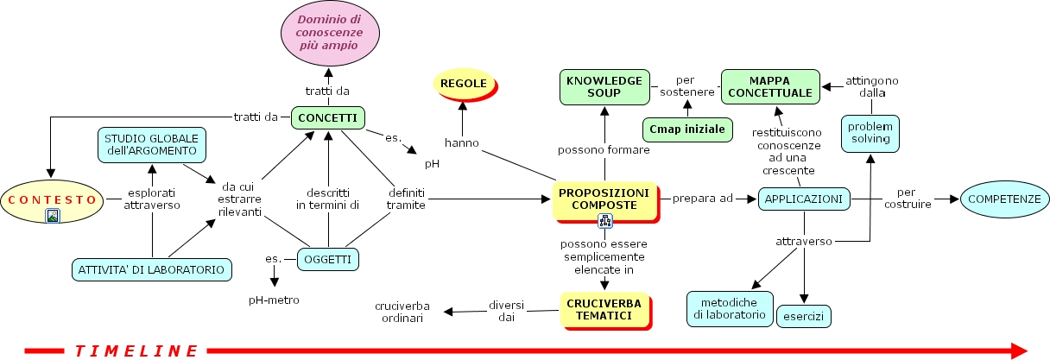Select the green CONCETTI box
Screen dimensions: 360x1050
328,117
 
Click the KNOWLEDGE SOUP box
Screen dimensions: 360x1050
604,86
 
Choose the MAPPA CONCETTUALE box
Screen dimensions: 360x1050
770,86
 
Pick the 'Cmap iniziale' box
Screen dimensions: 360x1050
687,129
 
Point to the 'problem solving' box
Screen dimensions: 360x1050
871,132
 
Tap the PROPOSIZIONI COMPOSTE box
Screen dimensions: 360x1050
604,199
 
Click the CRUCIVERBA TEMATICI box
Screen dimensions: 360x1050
604,310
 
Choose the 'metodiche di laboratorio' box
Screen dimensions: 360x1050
729,308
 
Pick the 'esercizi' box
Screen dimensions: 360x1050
803,317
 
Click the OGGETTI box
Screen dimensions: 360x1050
328,258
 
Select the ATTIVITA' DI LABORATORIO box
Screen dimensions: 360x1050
153,269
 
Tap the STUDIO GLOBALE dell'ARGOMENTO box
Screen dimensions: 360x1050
151,145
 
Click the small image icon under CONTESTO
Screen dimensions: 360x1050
54,217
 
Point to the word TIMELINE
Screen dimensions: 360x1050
136,351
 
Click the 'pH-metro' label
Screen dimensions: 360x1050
275,300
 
